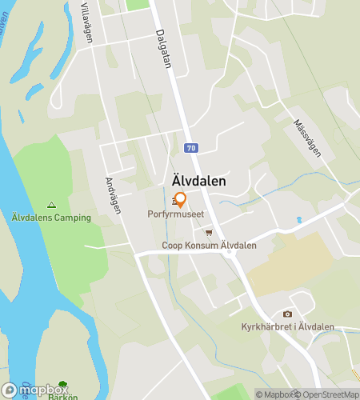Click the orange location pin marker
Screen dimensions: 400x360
pos(180,200)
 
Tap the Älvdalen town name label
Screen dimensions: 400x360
pos(195,182)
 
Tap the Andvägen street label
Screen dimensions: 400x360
pos(113,194)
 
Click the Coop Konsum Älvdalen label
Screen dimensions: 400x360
pos(209,246)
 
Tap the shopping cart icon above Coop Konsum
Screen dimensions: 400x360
pos(209,233)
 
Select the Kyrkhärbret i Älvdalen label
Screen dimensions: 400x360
pos(287,326)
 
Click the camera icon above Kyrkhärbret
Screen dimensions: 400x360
pos(287,314)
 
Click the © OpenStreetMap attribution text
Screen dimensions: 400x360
pos(327,394)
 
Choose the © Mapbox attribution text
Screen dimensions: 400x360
pos(274,394)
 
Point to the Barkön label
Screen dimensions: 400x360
pos(62,397)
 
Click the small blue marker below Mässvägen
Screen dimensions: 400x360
pos(299,219)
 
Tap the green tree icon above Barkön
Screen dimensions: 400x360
pos(62,386)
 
